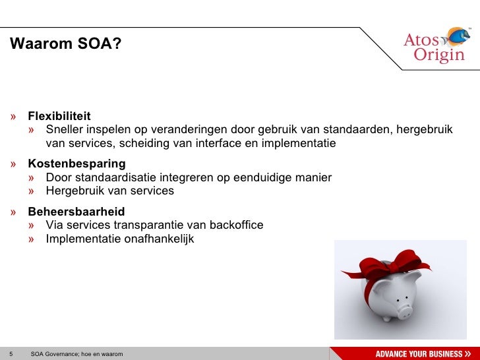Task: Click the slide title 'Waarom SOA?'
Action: click(x=65, y=44)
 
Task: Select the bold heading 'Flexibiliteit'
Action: click(x=59, y=116)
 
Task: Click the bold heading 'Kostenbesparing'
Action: click(x=76, y=164)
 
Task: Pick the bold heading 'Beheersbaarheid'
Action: click(x=76, y=212)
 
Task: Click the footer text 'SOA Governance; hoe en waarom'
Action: click(x=76, y=354)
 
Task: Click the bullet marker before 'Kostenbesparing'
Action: click(x=14, y=164)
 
